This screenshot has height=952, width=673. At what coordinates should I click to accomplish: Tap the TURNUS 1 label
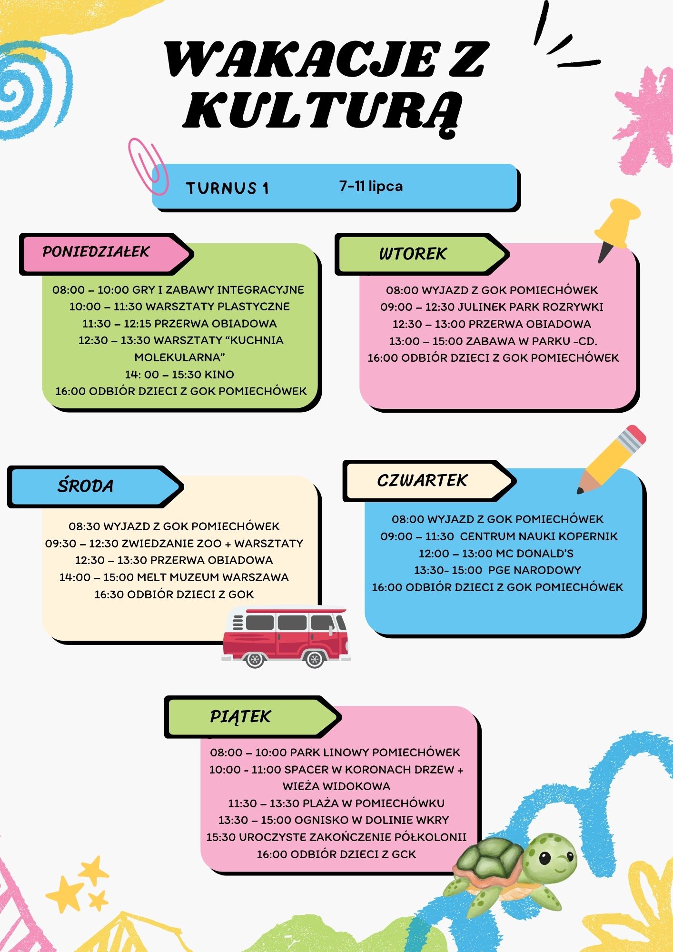228,188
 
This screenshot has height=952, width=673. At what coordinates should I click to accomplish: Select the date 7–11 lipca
371,186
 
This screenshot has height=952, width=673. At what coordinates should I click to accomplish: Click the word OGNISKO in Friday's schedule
321,820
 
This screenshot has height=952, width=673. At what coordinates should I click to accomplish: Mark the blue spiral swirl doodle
33,90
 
